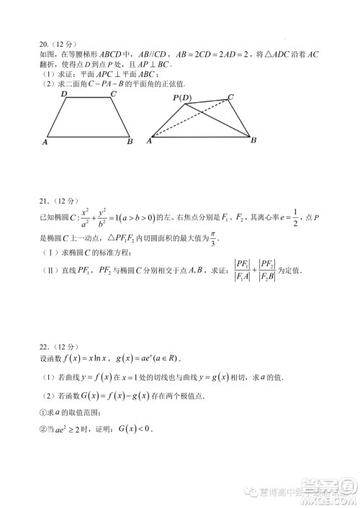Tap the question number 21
[x=45, y=201]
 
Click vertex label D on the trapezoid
[x=63, y=94]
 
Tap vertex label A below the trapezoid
[x=45, y=142]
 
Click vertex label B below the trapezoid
[x=130, y=142]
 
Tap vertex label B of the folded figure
[x=253, y=140]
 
